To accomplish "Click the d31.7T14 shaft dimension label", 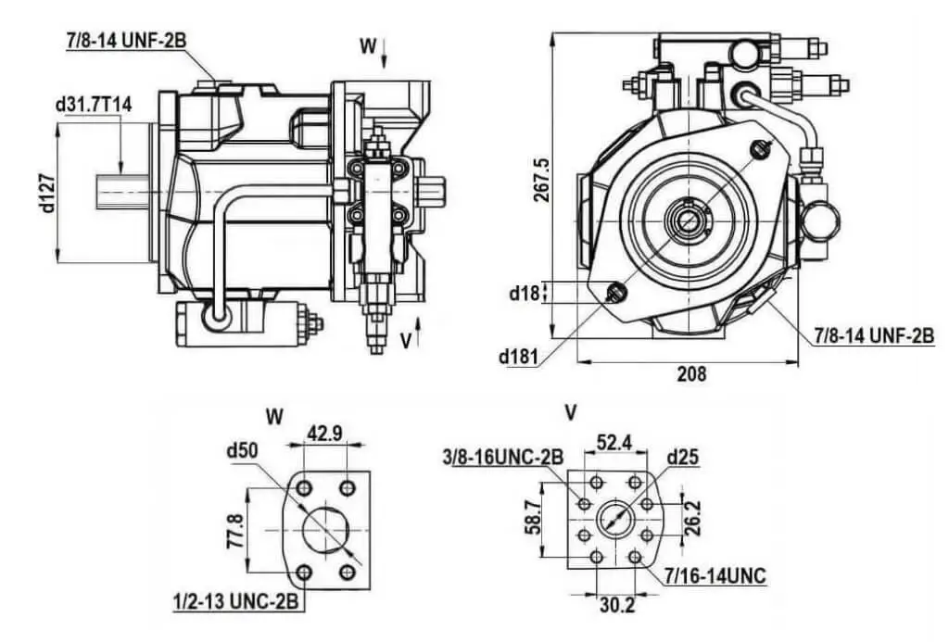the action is (x=94, y=104).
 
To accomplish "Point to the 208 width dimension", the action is (x=691, y=374).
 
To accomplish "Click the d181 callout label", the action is (x=518, y=357).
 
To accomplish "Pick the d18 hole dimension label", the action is (x=524, y=294).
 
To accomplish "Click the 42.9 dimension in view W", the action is (x=325, y=434).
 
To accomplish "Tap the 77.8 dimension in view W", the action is (x=234, y=531).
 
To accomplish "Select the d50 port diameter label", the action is (x=243, y=451).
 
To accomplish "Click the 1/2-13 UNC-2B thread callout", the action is (x=235, y=603).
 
